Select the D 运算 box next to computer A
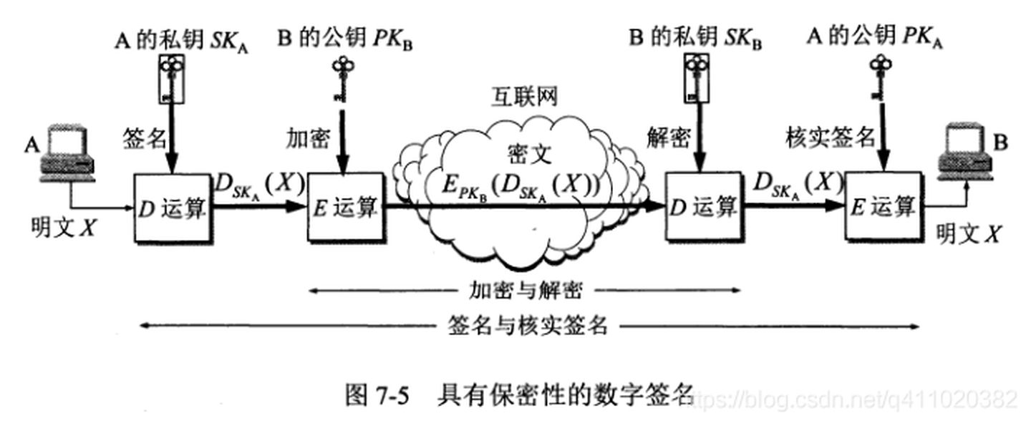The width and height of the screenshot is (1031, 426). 173,207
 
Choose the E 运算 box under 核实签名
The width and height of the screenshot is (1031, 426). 882,207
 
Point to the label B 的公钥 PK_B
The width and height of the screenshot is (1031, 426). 344,39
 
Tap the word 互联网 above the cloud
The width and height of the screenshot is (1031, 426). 523,97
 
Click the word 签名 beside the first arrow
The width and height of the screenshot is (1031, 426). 145,137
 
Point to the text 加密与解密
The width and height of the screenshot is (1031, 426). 526,291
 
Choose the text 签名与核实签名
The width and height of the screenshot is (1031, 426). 528,326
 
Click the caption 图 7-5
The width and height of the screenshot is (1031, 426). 377,394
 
